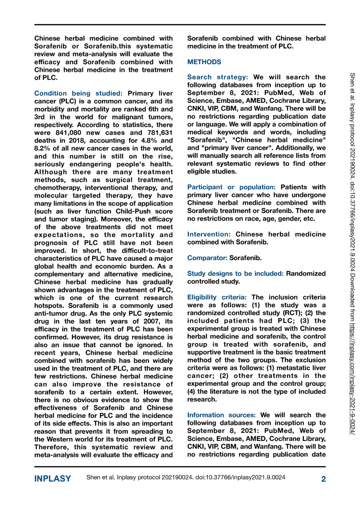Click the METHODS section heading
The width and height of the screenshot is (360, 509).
(204, 62)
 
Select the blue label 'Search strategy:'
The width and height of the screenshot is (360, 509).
(217, 77)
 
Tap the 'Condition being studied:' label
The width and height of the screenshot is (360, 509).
(78, 93)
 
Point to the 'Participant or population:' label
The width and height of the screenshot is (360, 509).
(231, 187)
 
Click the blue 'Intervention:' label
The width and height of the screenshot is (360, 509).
(209, 234)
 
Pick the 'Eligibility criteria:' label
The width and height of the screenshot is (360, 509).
(217, 297)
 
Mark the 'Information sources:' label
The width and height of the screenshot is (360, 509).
(221, 415)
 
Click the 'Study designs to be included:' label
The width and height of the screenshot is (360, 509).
(235, 274)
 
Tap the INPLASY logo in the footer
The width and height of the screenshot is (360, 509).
(53, 479)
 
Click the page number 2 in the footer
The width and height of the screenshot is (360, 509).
(323, 479)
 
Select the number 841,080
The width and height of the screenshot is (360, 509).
(68, 133)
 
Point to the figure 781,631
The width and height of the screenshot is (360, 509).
(160, 133)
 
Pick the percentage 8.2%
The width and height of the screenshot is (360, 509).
(42, 148)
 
